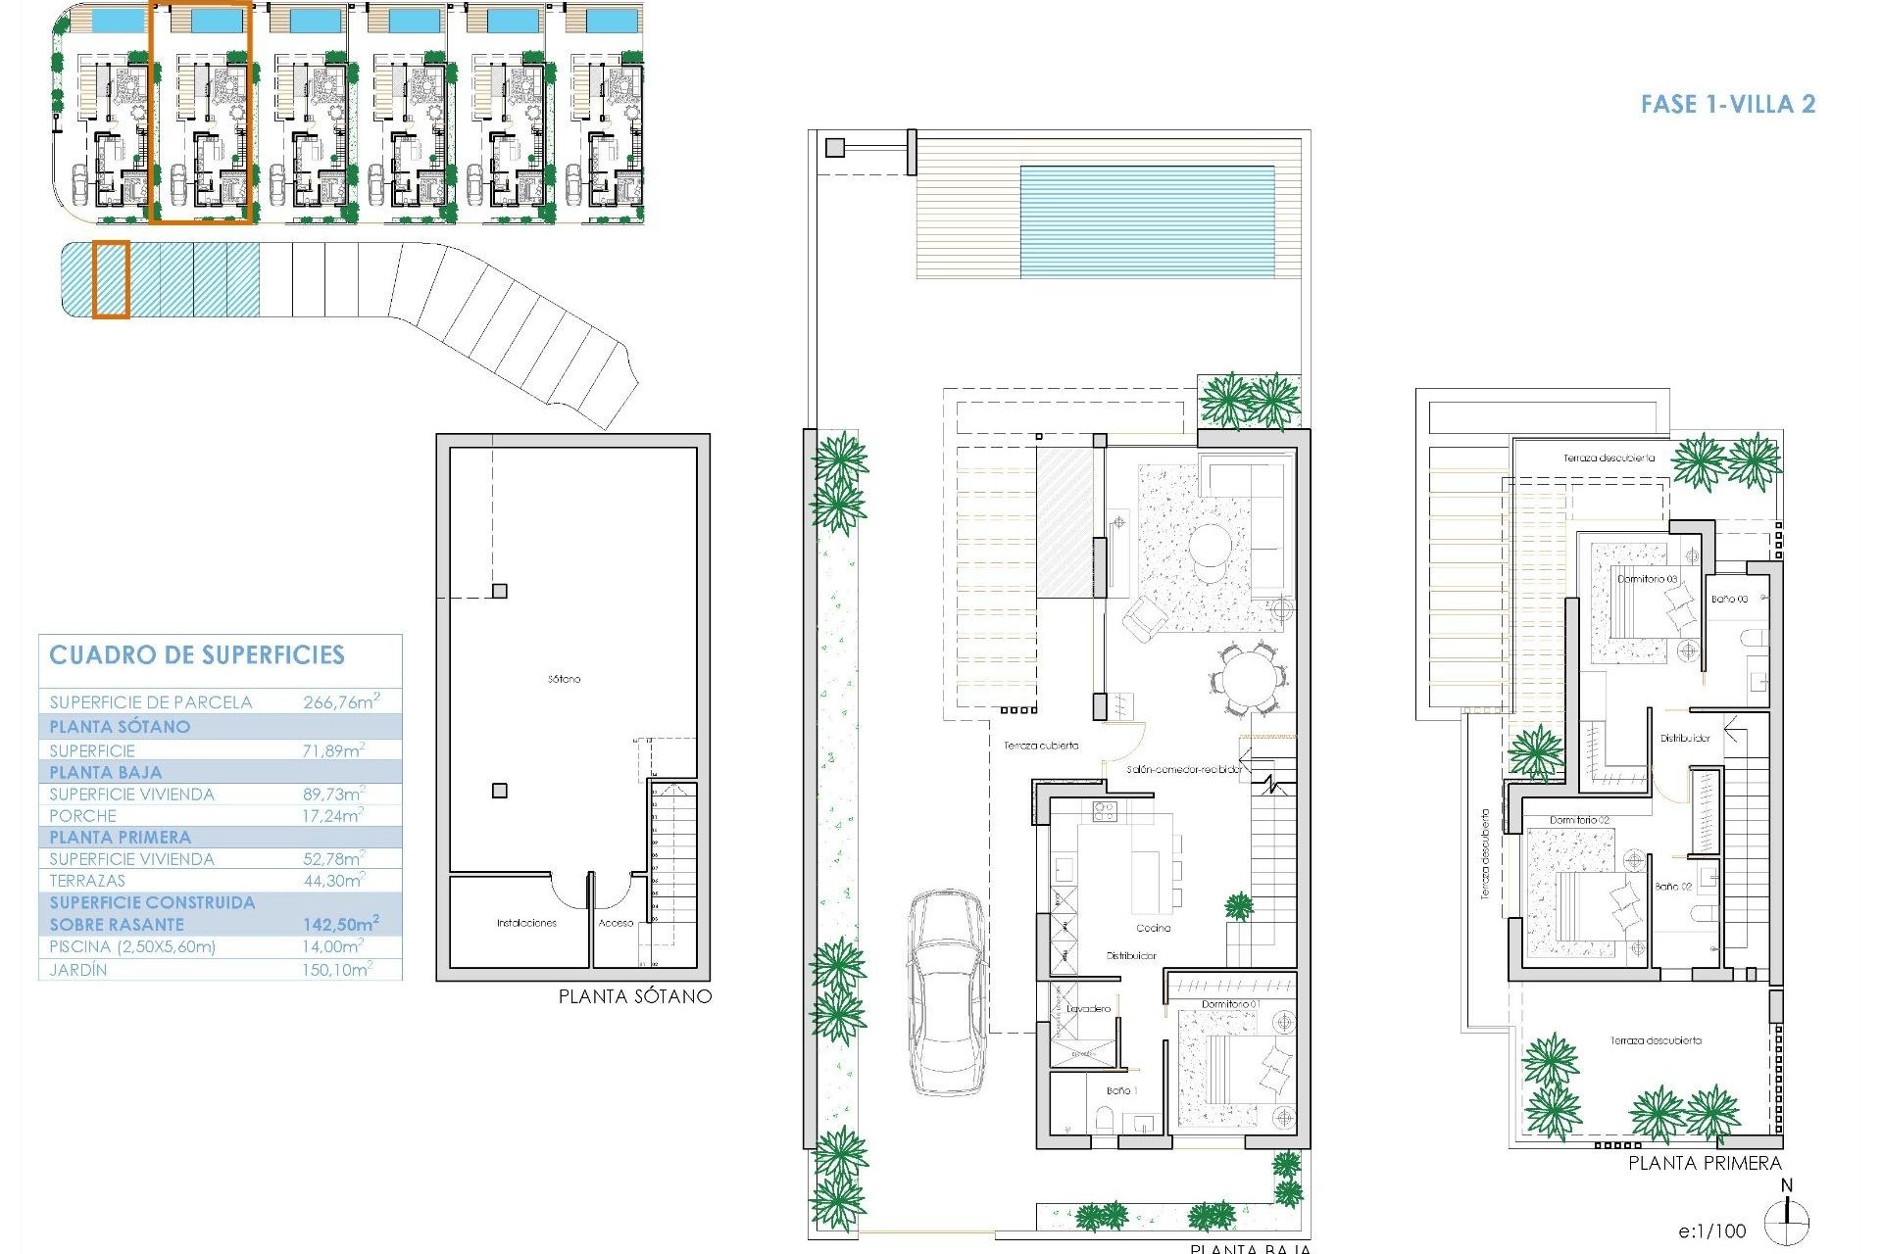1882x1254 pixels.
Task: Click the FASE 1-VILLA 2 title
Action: click(x=1727, y=104)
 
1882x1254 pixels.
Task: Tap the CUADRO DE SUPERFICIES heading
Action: click(x=197, y=655)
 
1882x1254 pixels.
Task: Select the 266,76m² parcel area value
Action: click(x=340, y=701)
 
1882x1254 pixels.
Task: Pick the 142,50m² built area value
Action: click(x=340, y=924)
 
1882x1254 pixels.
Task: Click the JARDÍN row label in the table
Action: click(x=78, y=970)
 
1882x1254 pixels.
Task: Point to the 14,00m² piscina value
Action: click(x=332, y=946)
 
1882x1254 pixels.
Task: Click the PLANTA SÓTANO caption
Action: click(x=634, y=996)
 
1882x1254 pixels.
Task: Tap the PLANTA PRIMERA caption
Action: click(x=1705, y=1163)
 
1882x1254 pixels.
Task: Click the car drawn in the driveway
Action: click(x=947, y=991)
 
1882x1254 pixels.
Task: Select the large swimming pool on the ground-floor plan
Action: click(x=1147, y=221)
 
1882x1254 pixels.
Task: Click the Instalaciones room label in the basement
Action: click(x=526, y=923)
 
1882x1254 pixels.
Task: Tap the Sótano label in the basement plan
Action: click(x=565, y=679)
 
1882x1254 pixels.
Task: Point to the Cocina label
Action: click(x=1153, y=928)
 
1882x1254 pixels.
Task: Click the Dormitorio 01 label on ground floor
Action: click(x=1230, y=1004)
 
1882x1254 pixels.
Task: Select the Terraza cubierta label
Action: click(x=1040, y=746)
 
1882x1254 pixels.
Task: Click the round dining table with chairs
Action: click(x=1247, y=678)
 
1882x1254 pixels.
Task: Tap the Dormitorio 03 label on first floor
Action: click(x=1647, y=579)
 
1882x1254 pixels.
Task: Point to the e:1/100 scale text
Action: click(x=1711, y=1231)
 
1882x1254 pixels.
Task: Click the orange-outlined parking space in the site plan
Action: click(x=111, y=280)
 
